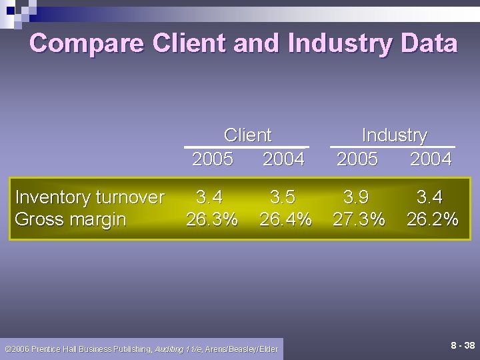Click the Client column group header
click(248, 135)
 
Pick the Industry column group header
click(394, 135)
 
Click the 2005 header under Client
click(213, 159)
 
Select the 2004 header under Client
click(283, 159)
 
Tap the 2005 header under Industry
click(357, 159)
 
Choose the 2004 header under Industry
click(431, 159)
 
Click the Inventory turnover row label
click(89, 197)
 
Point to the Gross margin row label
click(71, 219)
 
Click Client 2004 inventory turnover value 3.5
click(283, 197)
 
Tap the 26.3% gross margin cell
click(212, 219)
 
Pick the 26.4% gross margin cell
click(285, 219)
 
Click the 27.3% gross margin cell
click(359, 219)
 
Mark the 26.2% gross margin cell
click(432, 219)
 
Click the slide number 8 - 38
click(463, 345)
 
